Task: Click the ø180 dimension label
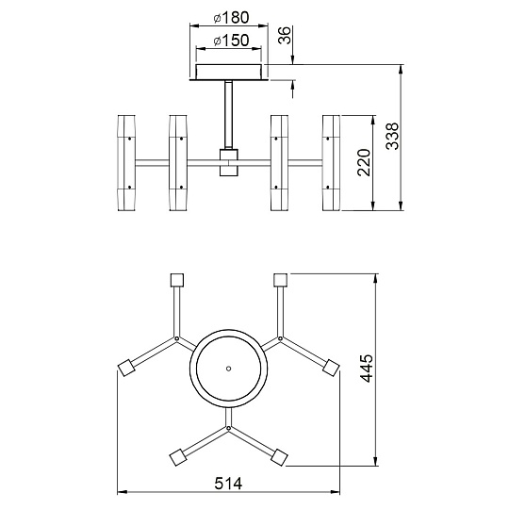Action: [231, 17]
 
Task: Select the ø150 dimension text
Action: [231, 41]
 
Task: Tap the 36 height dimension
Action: [285, 35]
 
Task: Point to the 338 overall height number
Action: [392, 136]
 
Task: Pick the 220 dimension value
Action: [364, 163]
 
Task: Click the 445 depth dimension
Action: [368, 369]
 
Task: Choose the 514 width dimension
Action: [228, 484]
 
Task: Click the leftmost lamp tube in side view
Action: [126, 163]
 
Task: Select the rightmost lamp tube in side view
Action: [331, 163]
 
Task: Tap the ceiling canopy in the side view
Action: [229, 72]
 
